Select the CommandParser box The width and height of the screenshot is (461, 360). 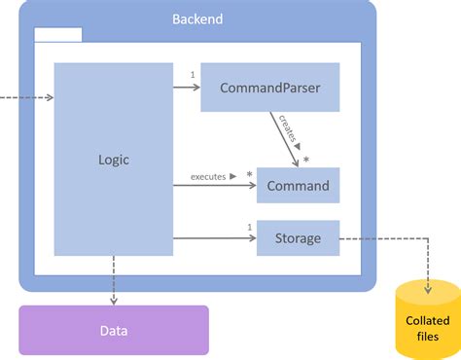tap(269, 88)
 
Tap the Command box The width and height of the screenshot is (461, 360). tap(298, 185)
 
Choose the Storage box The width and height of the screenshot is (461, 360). tap(298, 238)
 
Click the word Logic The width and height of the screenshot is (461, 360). tap(114, 160)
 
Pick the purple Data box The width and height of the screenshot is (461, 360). tap(114, 330)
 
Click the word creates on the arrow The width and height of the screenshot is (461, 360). tap(288, 130)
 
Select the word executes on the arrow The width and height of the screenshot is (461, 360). tap(207, 176)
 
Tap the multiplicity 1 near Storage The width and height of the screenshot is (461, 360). tap(250, 228)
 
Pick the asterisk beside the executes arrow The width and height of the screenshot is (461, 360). tap(249, 175)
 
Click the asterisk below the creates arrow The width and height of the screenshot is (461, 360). tap(305, 159)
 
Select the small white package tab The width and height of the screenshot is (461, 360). tap(57, 35)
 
